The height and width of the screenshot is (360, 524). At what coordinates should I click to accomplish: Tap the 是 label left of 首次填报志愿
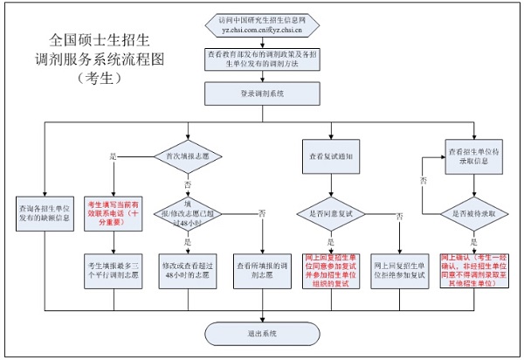(x=112, y=156)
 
